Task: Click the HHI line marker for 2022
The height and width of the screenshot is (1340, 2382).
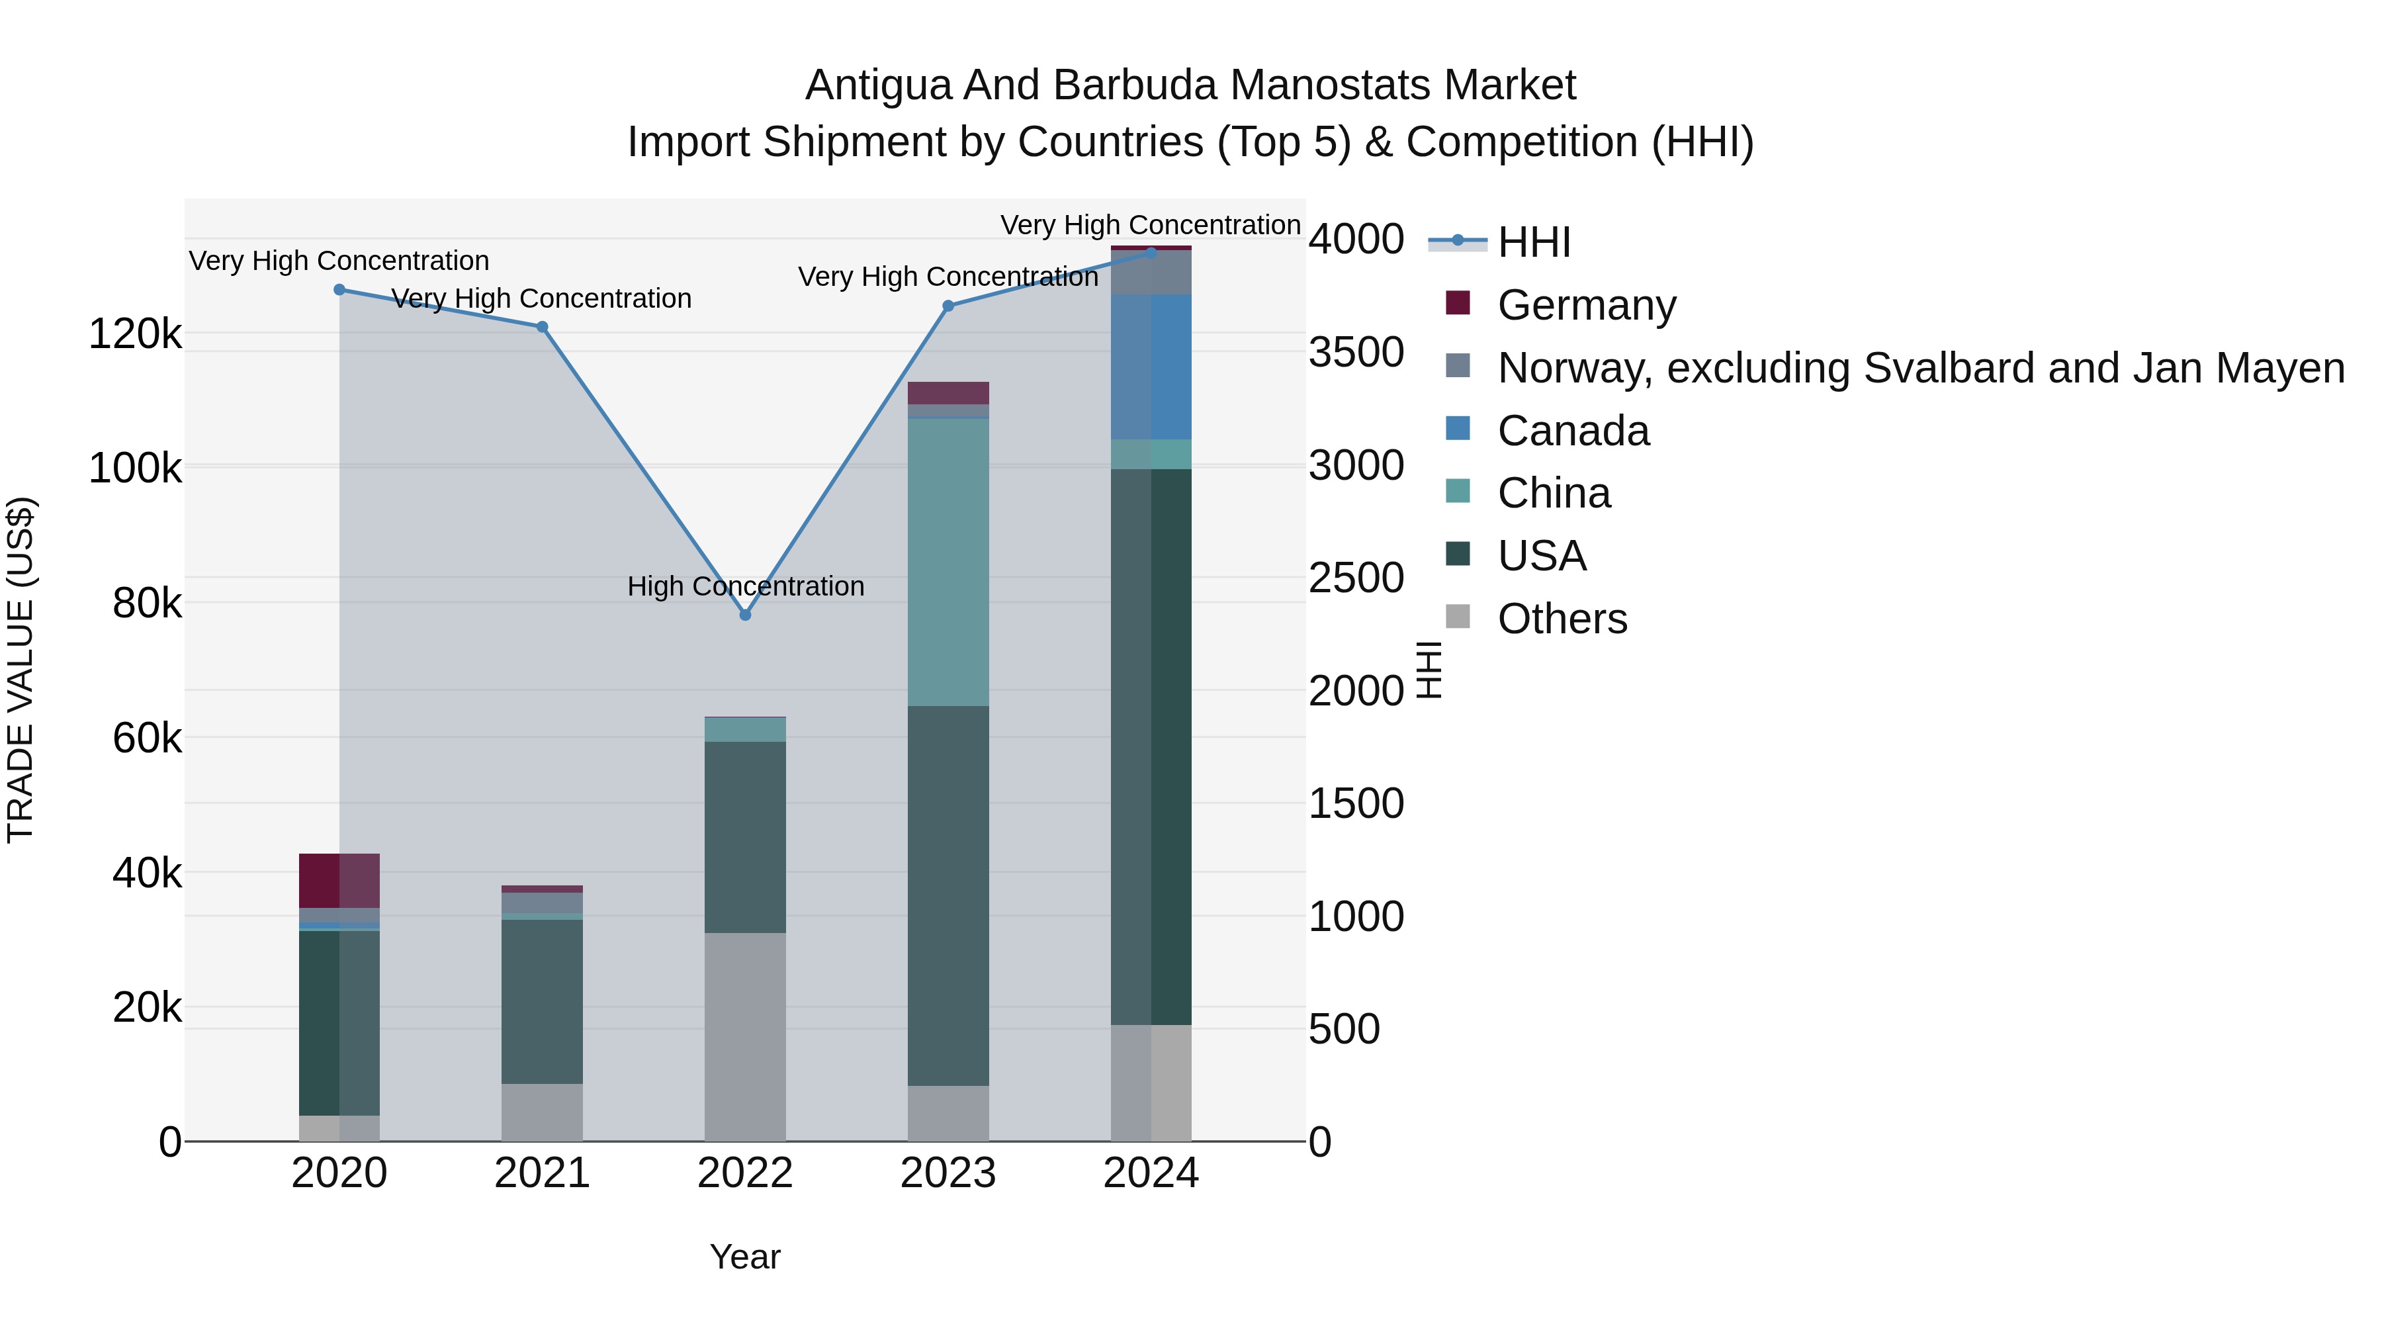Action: [745, 615]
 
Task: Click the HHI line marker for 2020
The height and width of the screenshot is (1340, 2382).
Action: [339, 289]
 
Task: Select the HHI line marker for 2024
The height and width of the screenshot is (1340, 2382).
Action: [1151, 253]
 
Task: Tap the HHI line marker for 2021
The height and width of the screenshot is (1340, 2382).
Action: [543, 326]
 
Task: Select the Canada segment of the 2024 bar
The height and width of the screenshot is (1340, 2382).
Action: [1151, 367]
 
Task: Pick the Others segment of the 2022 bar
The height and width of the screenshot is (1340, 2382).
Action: [745, 1037]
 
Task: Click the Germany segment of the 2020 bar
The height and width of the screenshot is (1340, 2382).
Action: [339, 880]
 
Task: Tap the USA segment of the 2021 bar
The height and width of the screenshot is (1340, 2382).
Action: [543, 1002]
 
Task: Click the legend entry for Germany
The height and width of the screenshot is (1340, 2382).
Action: [1586, 305]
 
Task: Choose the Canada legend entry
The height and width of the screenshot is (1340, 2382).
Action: [1573, 431]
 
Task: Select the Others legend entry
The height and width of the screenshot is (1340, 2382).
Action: [1562, 619]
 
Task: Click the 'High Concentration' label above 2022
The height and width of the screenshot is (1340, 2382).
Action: [745, 586]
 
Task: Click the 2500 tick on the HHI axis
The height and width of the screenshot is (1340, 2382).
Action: [1356, 578]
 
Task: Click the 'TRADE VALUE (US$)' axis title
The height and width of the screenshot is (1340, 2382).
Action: [21, 670]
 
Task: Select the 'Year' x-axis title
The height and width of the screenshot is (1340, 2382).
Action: [745, 1257]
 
